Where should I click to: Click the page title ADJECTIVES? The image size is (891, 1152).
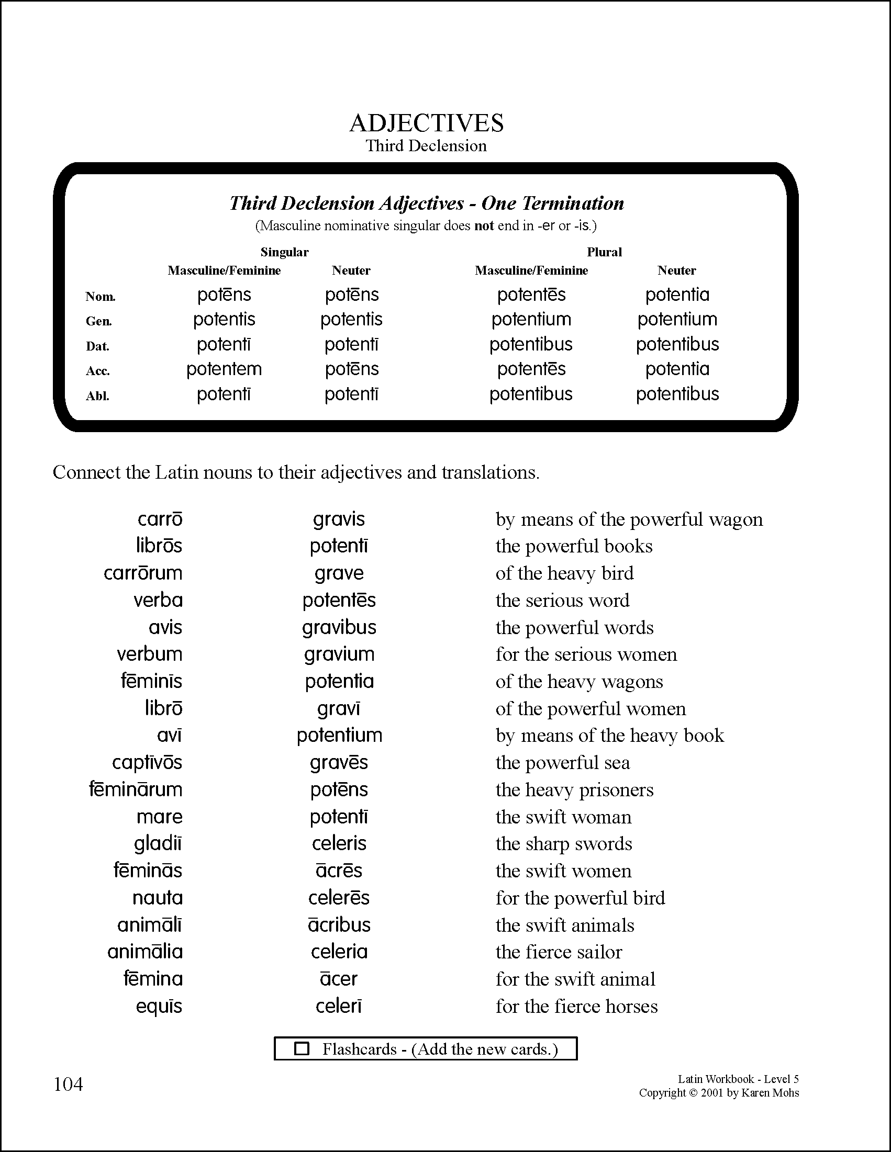pos(427,123)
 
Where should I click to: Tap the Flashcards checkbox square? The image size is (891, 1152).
pos(302,1048)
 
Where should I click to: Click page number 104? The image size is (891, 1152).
pos(69,1085)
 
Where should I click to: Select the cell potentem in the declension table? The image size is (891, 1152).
pos(224,369)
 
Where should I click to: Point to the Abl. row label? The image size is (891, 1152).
pos(98,396)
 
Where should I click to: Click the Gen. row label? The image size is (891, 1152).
pos(99,321)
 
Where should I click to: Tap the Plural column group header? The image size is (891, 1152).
pos(604,252)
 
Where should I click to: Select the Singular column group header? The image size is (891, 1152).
pos(284,252)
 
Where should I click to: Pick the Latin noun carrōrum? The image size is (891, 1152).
pos(143,573)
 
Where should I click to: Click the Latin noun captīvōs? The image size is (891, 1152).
pos(147,762)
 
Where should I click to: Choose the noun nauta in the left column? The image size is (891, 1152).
pos(157,897)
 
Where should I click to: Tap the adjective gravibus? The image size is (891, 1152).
pos(339,627)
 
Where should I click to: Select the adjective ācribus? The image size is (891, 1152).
pos(339,924)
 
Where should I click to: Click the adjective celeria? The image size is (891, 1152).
pos(339,952)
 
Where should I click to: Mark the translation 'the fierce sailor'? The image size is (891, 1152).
pos(559,952)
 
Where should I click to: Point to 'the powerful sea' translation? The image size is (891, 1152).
pos(562,763)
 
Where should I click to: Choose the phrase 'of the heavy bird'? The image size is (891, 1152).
pos(564,573)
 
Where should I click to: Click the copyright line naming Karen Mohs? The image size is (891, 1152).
pos(719,1092)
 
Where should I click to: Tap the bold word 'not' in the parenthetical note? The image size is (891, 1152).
pos(484,226)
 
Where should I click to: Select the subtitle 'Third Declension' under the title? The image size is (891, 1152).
pos(426,145)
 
